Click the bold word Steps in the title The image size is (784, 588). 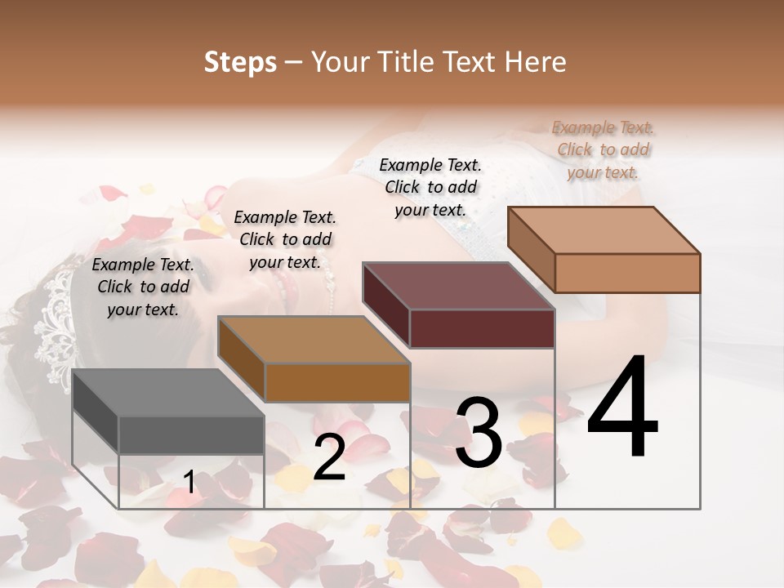pyautogui.click(x=240, y=62)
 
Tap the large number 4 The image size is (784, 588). pyautogui.click(x=622, y=408)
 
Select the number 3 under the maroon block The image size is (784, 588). pyautogui.click(x=479, y=433)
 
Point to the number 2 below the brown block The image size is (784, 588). pyautogui.click(x=329, y=457)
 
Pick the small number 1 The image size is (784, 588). pyautogui.click(x=189, y=483)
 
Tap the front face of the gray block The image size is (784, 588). pyautogui.click(x=191, y=434)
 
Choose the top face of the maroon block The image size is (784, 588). pyautogui.click(x=457, y=286)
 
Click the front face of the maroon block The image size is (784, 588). pyautogui.click(x=482, y=328)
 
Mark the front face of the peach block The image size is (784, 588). pyautogui.click(x=627, y=273)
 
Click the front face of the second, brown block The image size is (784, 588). pyautogui.click(x=336, y=382)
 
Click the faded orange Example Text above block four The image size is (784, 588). pyautogui.click(x=603, y=149)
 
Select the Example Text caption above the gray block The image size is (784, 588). pyautogui.click(x=143, y=287)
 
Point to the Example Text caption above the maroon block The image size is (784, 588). pyautogui.click(x=430, y=187)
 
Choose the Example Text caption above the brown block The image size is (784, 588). pyautogui.click(x=285, y=239)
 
